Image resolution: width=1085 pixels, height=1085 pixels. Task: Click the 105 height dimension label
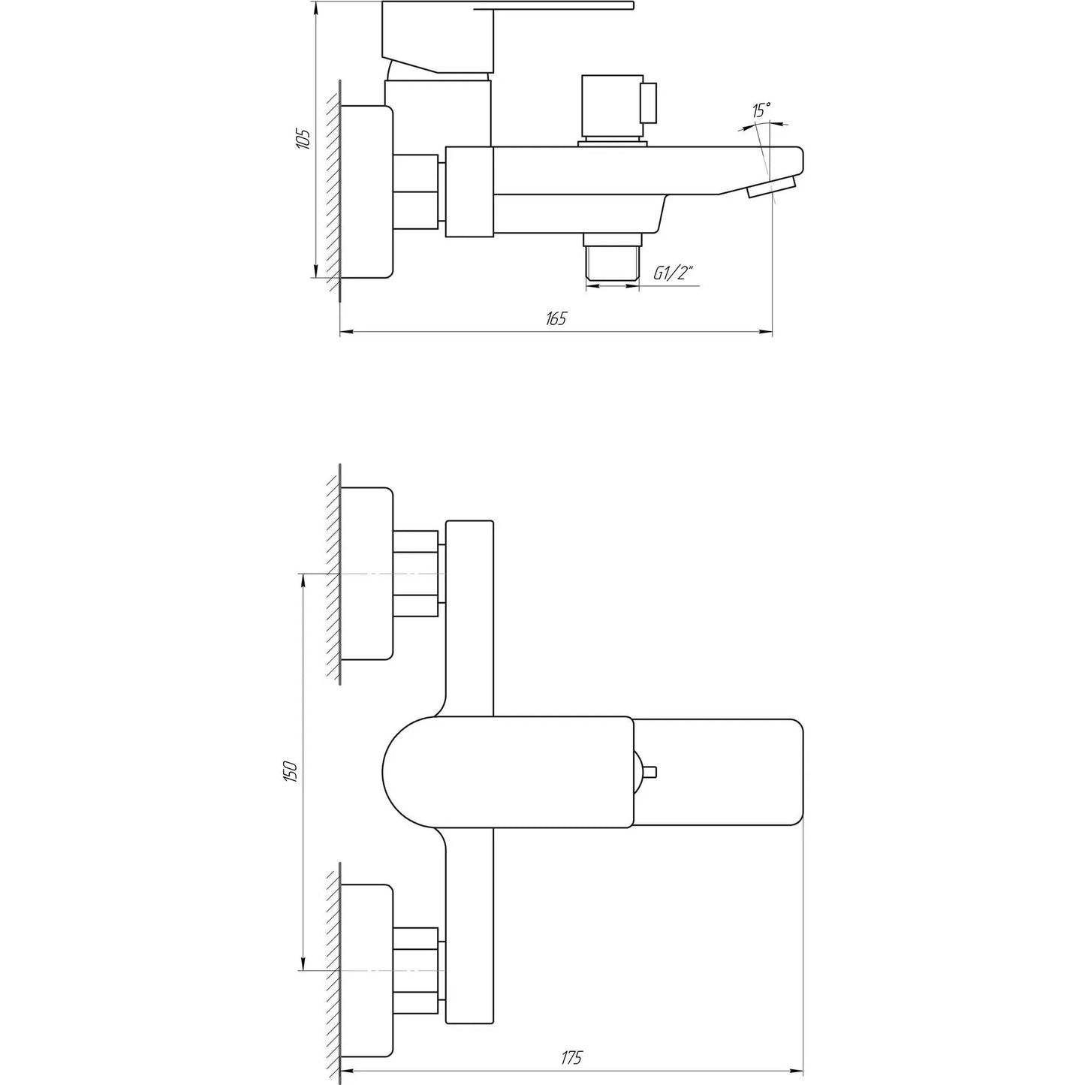click(x=303, y=139)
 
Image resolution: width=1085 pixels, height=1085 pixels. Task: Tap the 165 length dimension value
click(x=556, y=318)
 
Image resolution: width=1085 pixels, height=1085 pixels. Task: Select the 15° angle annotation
click(x=761, y=110)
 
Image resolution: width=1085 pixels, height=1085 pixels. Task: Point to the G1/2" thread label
click(x=671, y=273)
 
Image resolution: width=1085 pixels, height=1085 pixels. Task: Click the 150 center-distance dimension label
click(x=292, y=771)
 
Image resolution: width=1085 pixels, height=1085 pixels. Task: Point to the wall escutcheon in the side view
click(x=366, y=191)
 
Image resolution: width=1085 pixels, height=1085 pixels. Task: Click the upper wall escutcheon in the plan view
click(x=366, y=573)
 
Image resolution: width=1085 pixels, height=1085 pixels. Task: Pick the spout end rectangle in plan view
click(x=717, y=772)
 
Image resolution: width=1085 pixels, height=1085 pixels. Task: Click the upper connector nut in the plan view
click(x=415, y=574)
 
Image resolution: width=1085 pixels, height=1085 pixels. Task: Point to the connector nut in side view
click(x=415, y=191)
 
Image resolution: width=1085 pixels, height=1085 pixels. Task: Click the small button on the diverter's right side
click(x=649, y=103)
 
